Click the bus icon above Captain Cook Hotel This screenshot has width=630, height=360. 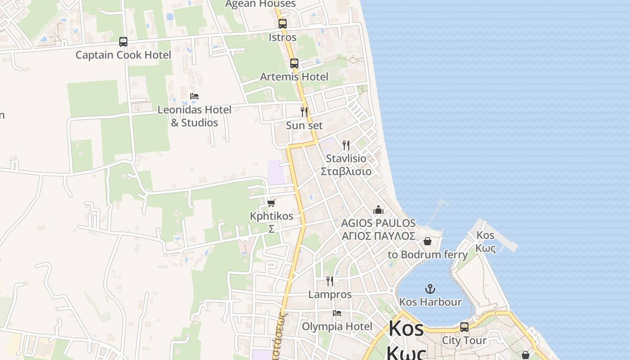point(123,42)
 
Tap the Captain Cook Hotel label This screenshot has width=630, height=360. point(123,55)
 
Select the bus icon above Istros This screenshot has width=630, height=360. point(283,24)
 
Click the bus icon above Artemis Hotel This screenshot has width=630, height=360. point(294,63)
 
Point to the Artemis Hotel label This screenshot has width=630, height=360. point(294,76)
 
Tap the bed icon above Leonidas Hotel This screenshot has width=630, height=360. point(194,96)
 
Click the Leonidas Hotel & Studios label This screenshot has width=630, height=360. point(194,116)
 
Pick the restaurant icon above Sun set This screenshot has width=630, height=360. point(305,112)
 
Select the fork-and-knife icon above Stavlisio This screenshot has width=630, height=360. point(346,145)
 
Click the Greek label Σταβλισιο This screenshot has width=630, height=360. point(346,171)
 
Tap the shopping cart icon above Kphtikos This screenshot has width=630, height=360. point(271,203)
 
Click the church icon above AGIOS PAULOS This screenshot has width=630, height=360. point(378,210)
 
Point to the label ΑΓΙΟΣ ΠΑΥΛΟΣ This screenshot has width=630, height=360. point(378,236)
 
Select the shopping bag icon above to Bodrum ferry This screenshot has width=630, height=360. point(427,241)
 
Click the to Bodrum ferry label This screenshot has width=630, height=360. point(427,255)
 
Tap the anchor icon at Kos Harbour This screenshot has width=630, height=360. point(431,288)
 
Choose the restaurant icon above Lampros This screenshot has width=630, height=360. point(330,281)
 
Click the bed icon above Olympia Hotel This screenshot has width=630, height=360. point(337,313)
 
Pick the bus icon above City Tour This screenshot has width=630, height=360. point(464,327)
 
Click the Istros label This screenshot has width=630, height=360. point(283,37)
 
